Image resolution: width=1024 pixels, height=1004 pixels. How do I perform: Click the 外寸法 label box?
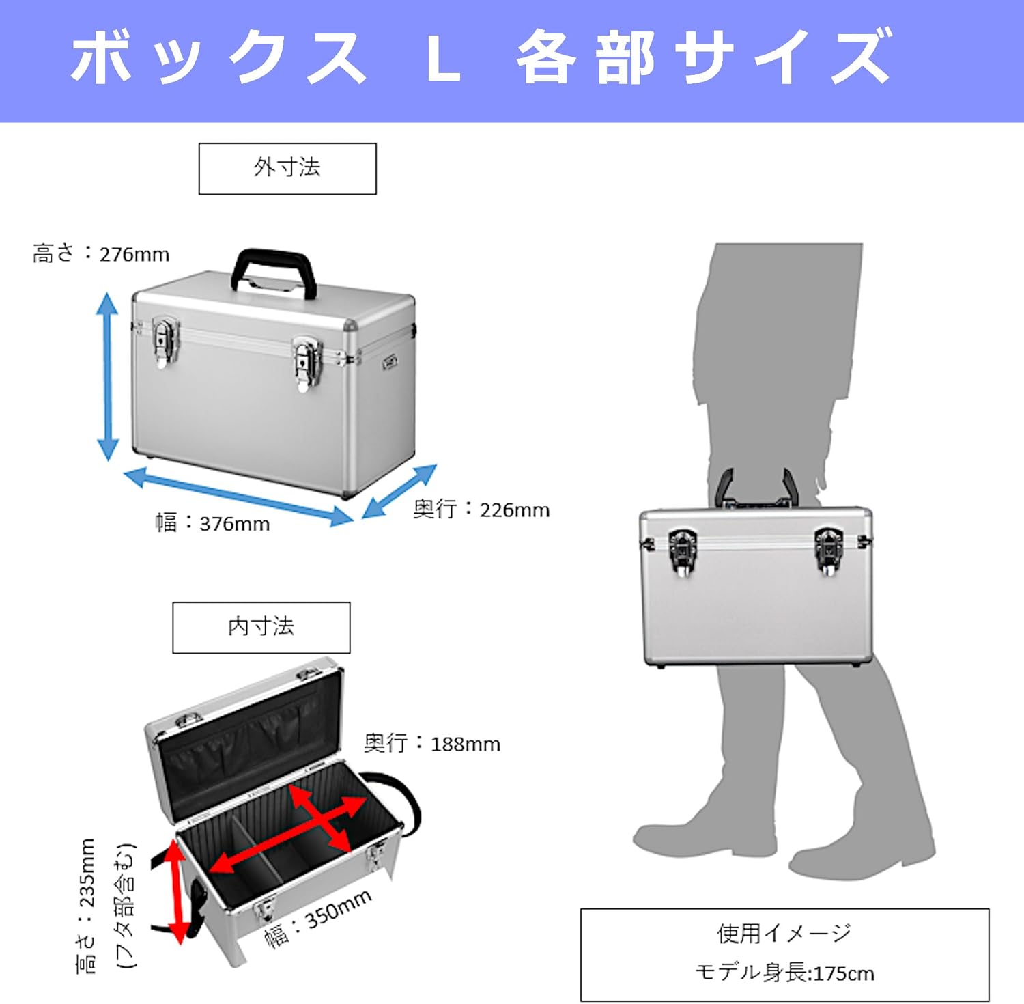[x=287, y=168]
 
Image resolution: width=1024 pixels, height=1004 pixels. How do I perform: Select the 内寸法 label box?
[x=261, y=627]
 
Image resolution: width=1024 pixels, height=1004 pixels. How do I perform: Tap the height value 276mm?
[x=134, y=255]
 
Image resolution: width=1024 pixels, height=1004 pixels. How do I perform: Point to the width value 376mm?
[x=234, y=525]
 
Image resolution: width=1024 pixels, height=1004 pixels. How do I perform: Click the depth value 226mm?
[x=515, y=510]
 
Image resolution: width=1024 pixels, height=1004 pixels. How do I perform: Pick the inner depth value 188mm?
[x=466, y=744]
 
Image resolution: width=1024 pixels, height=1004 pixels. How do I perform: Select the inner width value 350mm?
[x=338, y=910]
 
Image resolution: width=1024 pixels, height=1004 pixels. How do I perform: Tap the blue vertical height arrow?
[x=107, y=376]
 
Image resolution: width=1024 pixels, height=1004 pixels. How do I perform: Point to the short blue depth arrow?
[x=399, y=491]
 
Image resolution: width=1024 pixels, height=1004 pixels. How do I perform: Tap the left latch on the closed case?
[x=165, y=341]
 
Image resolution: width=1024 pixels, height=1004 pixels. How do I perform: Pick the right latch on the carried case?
[x=828, y=549]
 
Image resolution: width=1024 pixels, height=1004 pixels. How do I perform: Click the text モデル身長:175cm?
[x=784, y=972]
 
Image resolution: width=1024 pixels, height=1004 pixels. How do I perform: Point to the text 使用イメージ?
[x=784, y=933]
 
